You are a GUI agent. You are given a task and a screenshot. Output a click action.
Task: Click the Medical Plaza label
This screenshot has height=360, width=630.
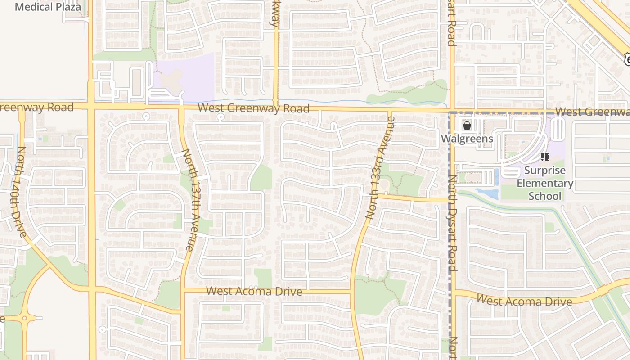click(x=48, y=7)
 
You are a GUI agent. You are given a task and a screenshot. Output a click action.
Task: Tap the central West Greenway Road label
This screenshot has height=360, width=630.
click(x=253, y=108)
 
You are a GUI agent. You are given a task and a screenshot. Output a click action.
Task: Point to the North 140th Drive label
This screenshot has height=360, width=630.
click(x=22, y=192)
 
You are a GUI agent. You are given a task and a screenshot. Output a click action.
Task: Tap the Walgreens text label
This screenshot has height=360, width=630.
click(x=467, y=139)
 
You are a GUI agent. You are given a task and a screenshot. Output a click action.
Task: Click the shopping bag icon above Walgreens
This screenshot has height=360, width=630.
click(x=467, y=126)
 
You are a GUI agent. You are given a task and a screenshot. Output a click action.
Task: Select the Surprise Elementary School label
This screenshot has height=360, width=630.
click(x=544, y=183)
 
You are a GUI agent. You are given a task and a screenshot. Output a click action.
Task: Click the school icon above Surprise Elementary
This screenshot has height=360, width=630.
click(x=545, y=157)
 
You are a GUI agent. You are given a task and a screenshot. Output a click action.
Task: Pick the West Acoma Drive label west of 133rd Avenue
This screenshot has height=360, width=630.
click(x=254, y=291)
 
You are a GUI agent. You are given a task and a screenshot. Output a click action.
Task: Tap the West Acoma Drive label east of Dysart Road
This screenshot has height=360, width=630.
click(x=524, y=300)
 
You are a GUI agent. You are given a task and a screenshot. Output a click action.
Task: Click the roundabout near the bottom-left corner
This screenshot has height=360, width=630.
click(x=24, y=318)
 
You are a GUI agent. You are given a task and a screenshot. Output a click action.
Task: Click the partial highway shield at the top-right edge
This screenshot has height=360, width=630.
click(x=627, y=58)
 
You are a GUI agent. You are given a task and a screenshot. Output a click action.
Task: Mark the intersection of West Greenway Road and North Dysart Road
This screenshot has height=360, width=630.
click(x=451, y=110)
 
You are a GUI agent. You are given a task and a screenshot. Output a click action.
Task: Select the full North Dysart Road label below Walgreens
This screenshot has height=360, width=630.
click(x=453, y=223)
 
